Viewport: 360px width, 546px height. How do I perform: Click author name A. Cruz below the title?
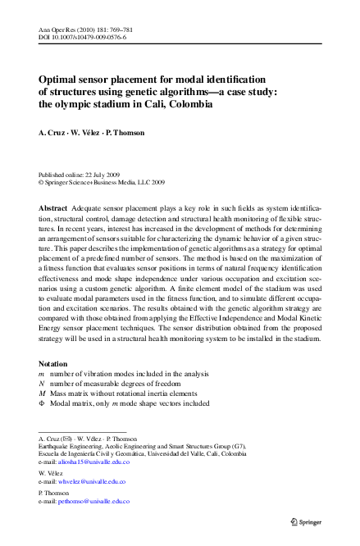click(54, 134)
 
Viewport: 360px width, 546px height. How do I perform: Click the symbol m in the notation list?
click(42, 373)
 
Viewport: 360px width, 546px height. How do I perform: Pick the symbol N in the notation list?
click(42, 383)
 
